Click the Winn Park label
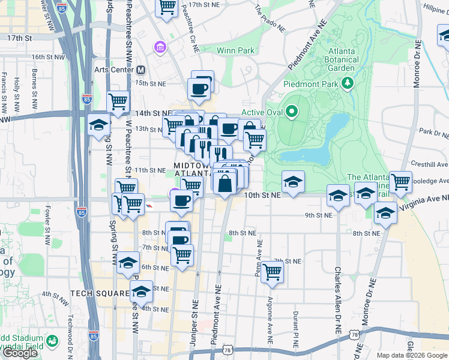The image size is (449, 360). [236, 50]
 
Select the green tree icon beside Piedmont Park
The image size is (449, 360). [346, 83]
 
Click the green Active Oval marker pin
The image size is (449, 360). [292, 112]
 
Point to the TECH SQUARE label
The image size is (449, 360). [100, 293]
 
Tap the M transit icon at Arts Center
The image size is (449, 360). [141, 70]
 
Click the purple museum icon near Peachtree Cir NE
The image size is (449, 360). [161, 47]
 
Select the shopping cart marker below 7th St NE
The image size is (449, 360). [273, 271]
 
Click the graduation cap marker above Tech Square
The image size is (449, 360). [127, 263]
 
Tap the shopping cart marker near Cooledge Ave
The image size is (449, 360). [400, 181]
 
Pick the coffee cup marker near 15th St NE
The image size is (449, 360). [198, 89]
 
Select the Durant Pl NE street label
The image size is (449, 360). [296, 328]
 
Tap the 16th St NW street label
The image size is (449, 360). [46, 57]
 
